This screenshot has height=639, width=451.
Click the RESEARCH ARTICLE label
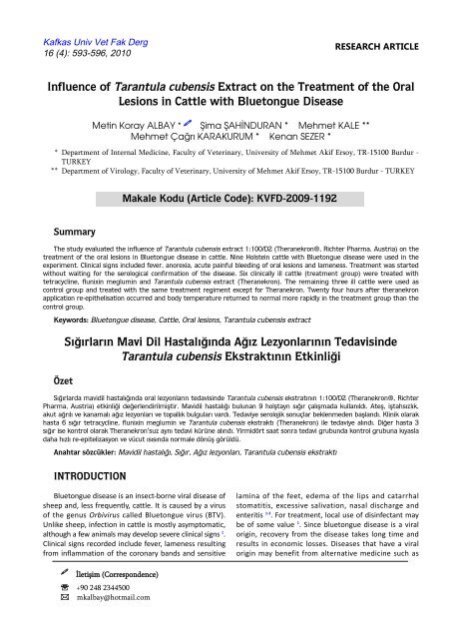[387, 46]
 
